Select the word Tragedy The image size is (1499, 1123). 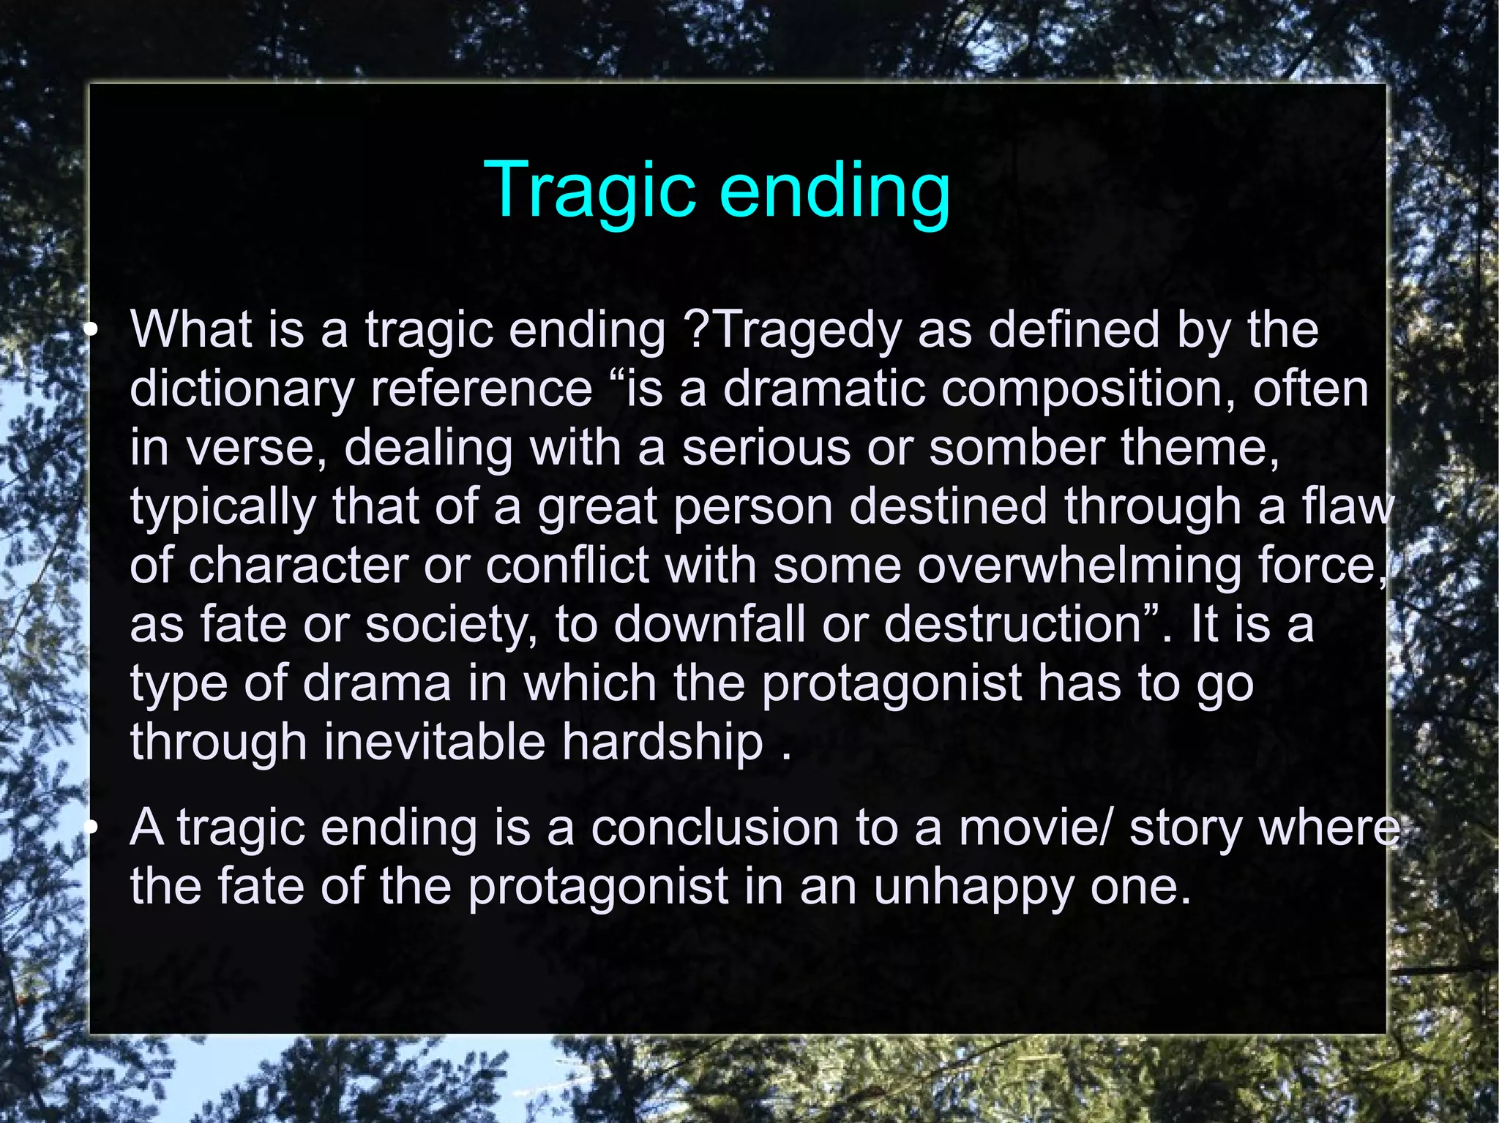pyautogui.click(x=806, y=331)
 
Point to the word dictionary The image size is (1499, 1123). pyautogui.click(x=242, y=389)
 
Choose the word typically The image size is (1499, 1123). pyautogui.click(x=223, y=507)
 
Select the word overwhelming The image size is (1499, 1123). pyautogui.click(x=1080, y=566)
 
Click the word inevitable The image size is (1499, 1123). pyautogui.click(x=435, y=742)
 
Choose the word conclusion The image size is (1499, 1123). pyautogui.click(x=714, y=828)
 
